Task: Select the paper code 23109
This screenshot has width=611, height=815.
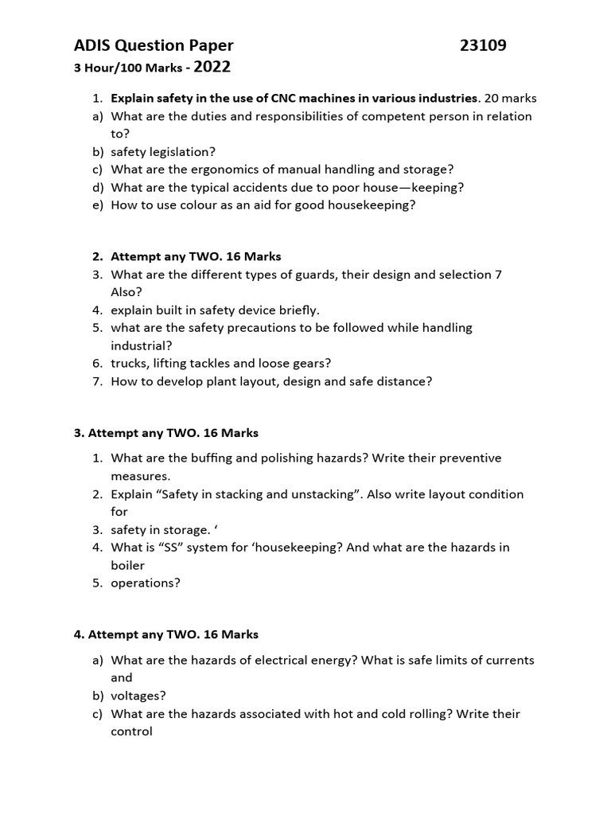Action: pyautogui.click(x=483, y=46)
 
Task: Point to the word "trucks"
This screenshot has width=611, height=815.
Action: pyautogui.click(x=130, y=363)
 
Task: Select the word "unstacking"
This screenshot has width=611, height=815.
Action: pyautogui.click(x=320, y=494)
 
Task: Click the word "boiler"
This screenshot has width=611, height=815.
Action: pyautogui.click(x=129, y=565)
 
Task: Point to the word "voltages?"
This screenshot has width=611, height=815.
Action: pyautogui.click(x=138, y=696)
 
